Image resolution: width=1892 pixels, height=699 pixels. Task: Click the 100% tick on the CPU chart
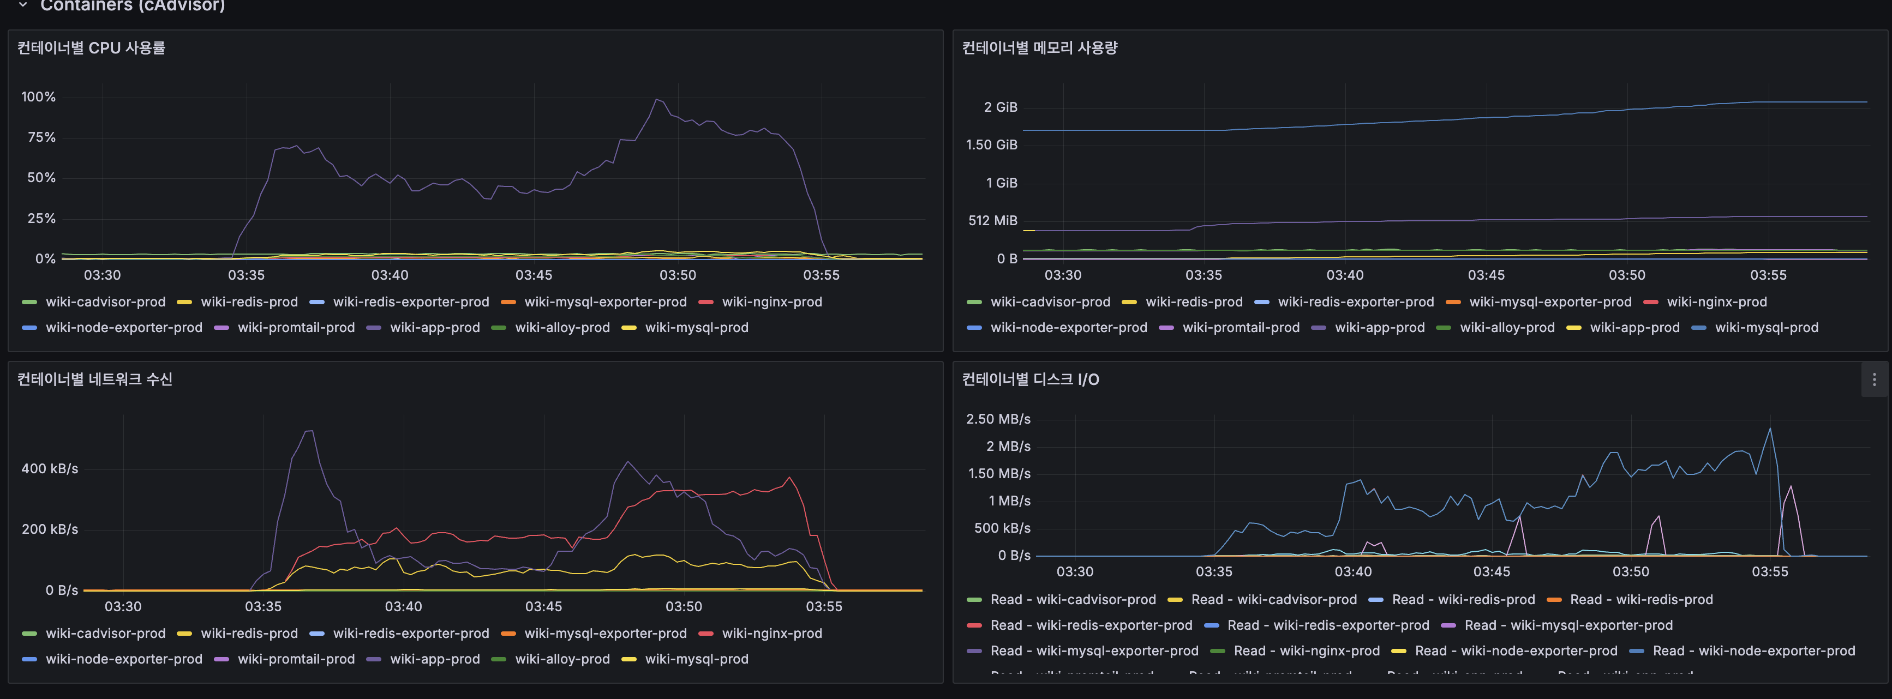38,97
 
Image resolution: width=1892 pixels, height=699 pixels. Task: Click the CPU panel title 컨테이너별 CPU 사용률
91,48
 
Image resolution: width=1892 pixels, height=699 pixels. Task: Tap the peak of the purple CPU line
657,99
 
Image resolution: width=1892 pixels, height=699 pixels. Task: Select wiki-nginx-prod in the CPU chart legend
771,302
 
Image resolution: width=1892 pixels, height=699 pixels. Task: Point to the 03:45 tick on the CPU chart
533,275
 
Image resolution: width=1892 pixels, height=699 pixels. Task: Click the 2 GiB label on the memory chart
1001,107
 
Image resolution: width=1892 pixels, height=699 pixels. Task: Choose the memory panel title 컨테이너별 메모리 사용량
1039,48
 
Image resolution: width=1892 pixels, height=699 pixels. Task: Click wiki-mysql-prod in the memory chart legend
1765,328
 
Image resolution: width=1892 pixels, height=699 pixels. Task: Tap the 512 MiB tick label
992,220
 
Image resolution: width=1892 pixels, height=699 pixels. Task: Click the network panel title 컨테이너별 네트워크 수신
95,379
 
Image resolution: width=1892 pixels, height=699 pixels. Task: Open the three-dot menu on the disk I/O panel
1873,379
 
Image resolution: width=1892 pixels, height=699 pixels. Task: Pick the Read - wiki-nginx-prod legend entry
1306,651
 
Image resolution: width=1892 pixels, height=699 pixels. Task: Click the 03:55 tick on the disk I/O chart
1769,572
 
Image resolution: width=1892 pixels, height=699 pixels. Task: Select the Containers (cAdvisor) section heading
132,6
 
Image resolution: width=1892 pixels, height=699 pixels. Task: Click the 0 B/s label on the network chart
62,590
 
